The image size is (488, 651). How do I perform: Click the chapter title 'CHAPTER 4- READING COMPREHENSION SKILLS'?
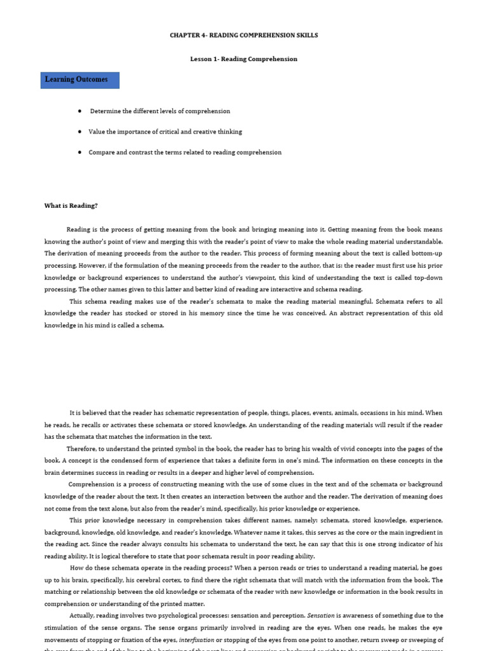(x=243, y=36)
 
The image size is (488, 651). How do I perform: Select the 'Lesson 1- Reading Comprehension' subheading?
(x=243, y=59)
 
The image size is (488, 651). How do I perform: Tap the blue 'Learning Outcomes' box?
(x=79, y=80)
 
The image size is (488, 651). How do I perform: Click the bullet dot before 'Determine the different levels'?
(x=79, y=111)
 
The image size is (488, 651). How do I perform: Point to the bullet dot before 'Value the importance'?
(x=79, y=132)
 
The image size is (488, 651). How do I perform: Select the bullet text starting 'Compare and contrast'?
(x=184, y=153)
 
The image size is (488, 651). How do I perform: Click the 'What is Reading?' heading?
(x=71, y=206)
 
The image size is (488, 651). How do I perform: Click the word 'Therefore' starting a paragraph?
(x=82, y=449)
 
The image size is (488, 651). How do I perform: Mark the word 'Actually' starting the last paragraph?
(x=83, y=615)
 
